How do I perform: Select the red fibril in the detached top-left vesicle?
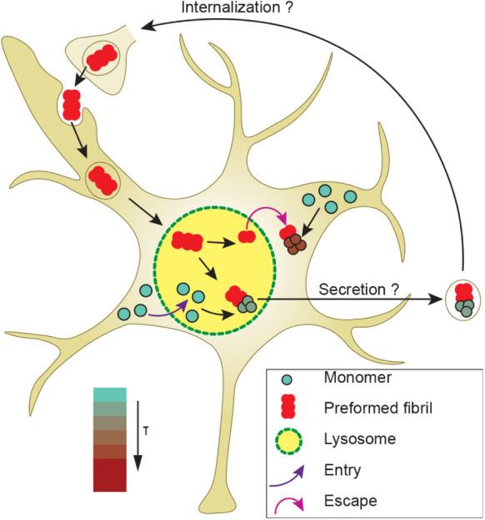102,57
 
